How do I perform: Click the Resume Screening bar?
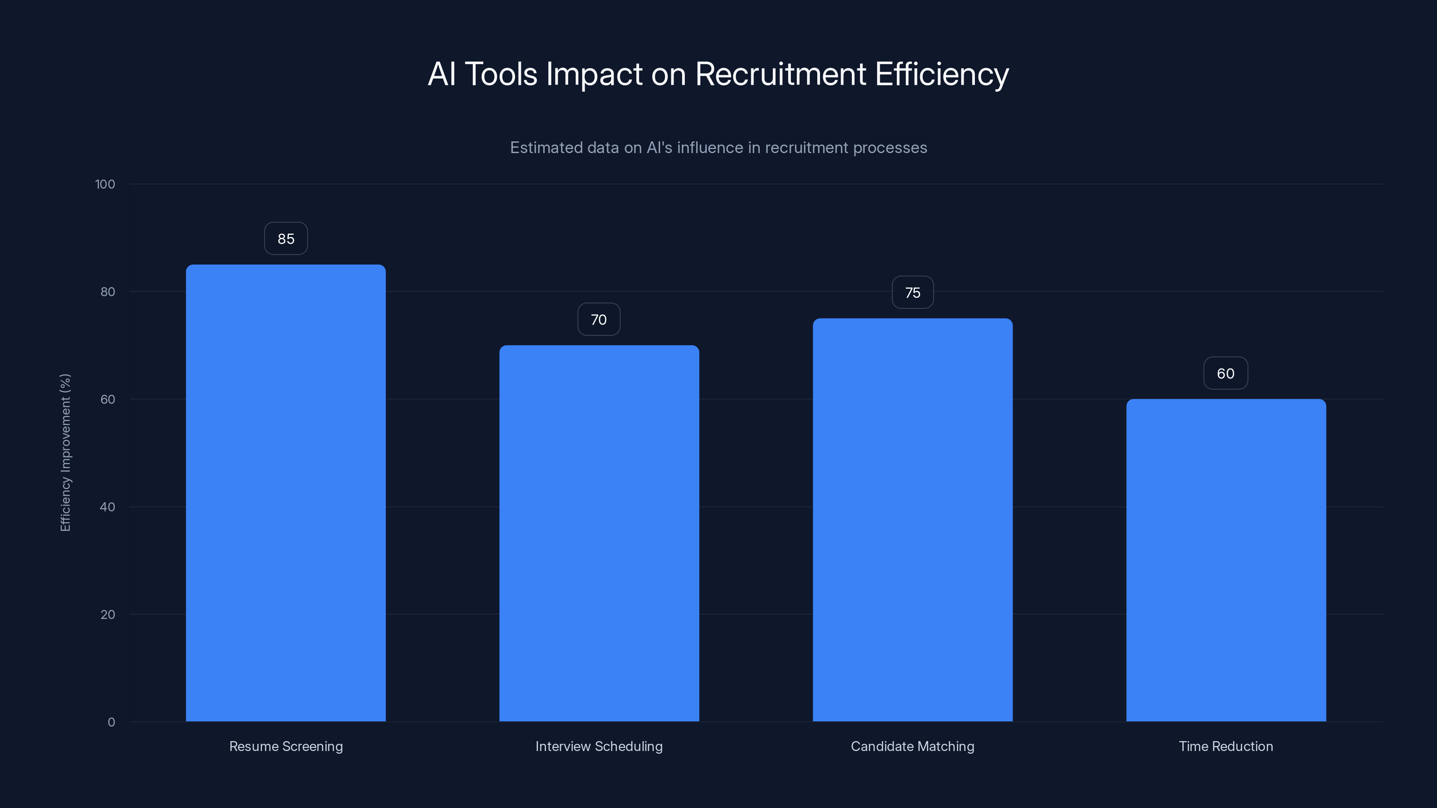pyautogui.click(x=286, y=493)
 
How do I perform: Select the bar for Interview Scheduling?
pyautogui.click(x=599, y=533)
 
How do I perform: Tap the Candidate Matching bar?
pyautogui.click(x=912, y=520)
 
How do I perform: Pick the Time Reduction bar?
pyautogui.click(x=1226, y=560)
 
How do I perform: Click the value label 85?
pyautogui.click(x=286, y=239)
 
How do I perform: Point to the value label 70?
pyautogui.click(x=599, y=320)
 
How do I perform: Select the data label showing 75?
pyautogui.click(x=912, y=293)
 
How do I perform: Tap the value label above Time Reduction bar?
pyautogui.click(x=1225, y=373)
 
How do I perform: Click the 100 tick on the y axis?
pyautogui.click(x=105, y=184)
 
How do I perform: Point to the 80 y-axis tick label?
pyautogui.click(x=108, y=292)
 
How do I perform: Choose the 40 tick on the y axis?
pyautogui.click(x=108, y=507)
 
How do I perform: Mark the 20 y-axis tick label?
pyautogui.click(x=108, y=615)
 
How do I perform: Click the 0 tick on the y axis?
pyautogui.click(x=111, y=722)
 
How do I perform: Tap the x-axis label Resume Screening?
pyautogui.click(x=286, y=746)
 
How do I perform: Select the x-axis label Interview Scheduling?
pyautogui.click(x=599, y=746)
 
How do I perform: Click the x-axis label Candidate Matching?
pyautogui.click(x=912, y=746)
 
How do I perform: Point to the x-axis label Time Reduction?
pyautogui.click(x=1226, y=746)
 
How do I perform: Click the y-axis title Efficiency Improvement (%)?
pyautogui.click(x=65, y=452)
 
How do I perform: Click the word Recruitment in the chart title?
pyautogui.click(x=780, y=74)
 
